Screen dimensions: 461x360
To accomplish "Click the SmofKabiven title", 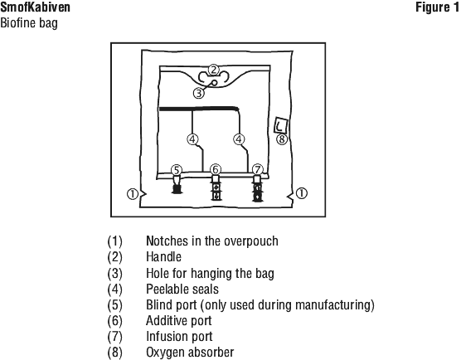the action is [35, 7].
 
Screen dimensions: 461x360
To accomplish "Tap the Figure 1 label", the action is [437, 7].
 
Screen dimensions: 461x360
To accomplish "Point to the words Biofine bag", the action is [29, 23].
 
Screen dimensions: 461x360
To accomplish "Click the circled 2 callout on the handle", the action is [214, 70].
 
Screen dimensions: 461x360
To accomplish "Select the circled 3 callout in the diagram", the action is [199, 93].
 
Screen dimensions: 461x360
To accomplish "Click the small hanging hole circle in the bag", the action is [215, 83].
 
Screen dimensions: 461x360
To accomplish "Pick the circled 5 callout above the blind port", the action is [177, 170].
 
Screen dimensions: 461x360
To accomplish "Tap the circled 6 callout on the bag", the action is [216, 170].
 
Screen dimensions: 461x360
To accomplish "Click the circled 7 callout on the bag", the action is [258, 170].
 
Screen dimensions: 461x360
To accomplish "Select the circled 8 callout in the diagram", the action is [282, 139].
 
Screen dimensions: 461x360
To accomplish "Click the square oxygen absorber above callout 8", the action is [281, 125].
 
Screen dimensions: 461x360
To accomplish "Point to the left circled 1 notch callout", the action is [133, 194].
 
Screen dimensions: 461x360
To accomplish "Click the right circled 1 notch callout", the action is [301, 193].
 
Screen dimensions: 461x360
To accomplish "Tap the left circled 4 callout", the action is [192, 139].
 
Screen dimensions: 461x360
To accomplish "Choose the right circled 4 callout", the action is [239, 139].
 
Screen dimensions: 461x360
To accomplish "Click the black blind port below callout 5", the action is [177, 188].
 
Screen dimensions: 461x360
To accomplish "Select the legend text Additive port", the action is [179, 320].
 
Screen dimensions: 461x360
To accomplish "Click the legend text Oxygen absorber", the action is [190, 352].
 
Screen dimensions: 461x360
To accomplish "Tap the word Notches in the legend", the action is [167, 241].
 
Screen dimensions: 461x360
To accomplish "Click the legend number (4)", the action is [114, 289].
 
